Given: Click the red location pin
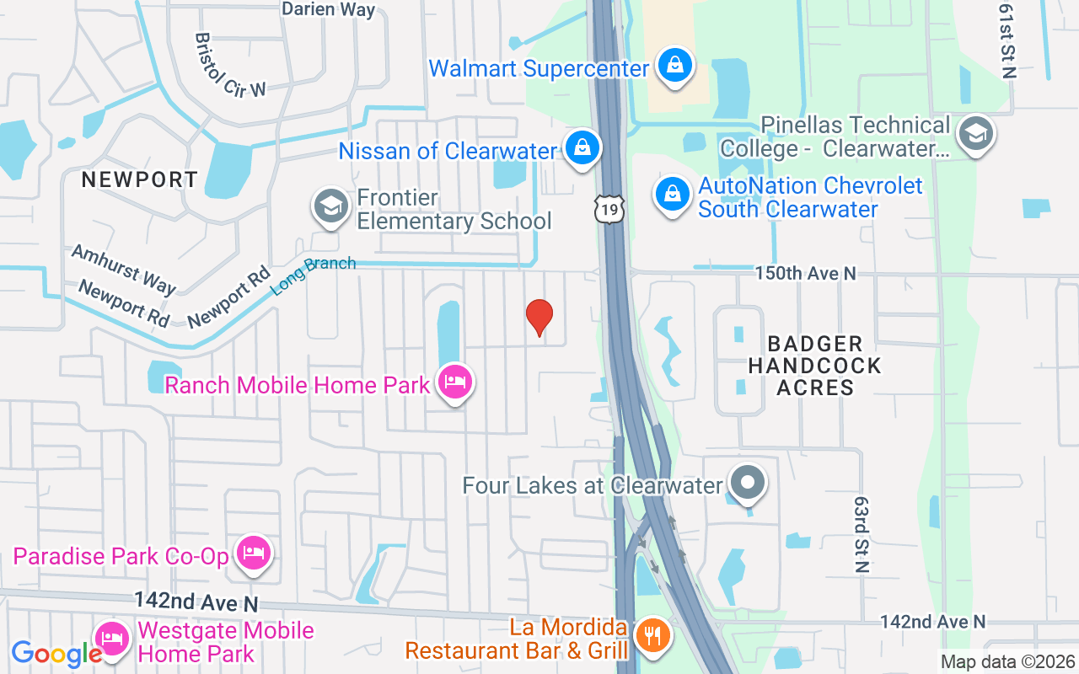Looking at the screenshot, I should click(539, 318).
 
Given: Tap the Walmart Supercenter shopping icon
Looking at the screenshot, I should click(674, 66).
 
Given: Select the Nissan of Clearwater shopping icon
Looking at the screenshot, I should click(582, 148).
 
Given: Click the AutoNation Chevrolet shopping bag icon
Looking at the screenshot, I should click(672, 195).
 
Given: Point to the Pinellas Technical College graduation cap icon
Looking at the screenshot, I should click(976, 133).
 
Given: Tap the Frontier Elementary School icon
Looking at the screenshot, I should click(330, 206).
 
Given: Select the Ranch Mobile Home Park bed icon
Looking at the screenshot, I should click(455, 383).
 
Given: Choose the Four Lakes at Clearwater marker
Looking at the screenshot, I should click(747, 484).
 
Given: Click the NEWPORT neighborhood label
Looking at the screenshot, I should click(140, 179).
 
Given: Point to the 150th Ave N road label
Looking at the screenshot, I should click(805, 273).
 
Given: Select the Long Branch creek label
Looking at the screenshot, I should click(313, 275).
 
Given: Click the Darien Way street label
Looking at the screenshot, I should click(328, 9).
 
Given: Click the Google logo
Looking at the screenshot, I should click(56, 654).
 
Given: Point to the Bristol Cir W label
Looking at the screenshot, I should click(229, 65).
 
